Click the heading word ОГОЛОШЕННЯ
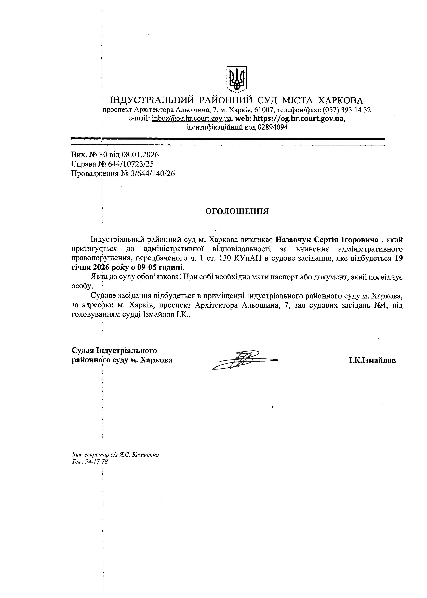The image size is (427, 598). point(237,211)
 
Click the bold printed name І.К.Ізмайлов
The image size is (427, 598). point(372,360)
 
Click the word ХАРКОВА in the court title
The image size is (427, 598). point(340,100)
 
